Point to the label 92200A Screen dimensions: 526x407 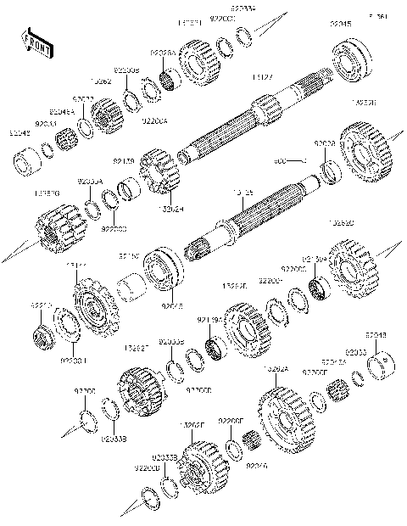click(x=155, y=121)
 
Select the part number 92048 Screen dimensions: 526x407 click(x=377, y=336)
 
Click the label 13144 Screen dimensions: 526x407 click(x=76, y=266)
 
